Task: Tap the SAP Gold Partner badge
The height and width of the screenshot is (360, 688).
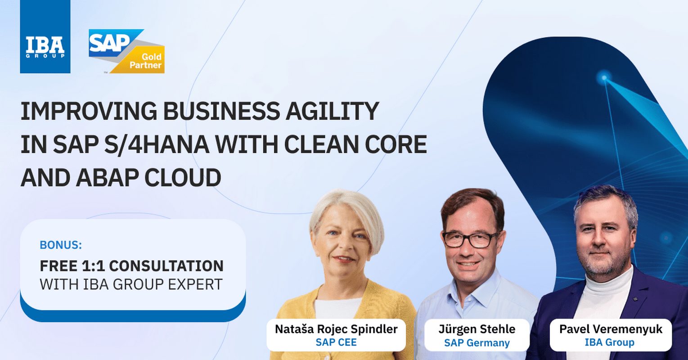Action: point(126,51)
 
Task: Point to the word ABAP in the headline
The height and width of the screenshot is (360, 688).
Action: point(107,178)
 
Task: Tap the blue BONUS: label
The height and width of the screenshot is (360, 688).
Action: point(61,245)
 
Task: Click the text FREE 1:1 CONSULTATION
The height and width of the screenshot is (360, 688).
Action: point(131,266)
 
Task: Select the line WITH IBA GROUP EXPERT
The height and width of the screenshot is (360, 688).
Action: point(131,284)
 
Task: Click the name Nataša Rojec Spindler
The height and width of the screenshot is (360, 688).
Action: point(336,329)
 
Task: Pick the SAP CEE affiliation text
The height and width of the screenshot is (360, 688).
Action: point(336,342)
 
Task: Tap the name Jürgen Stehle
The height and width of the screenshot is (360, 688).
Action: point(477,329)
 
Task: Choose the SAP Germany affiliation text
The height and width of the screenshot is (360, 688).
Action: point(477,343)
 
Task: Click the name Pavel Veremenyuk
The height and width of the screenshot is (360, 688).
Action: point(611,329)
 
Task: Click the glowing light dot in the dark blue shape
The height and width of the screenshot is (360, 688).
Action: point(604,78)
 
